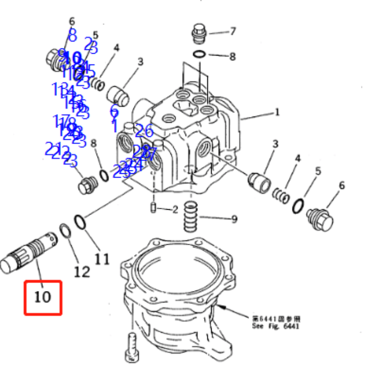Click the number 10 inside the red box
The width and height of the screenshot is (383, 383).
point(43,297)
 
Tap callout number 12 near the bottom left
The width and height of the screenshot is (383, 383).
point(82,272)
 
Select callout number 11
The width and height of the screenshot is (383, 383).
point(101,259)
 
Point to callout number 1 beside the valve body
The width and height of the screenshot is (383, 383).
point(277,113)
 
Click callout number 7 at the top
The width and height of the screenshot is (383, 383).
point(233,32)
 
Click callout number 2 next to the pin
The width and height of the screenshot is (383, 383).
point(175,209)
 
